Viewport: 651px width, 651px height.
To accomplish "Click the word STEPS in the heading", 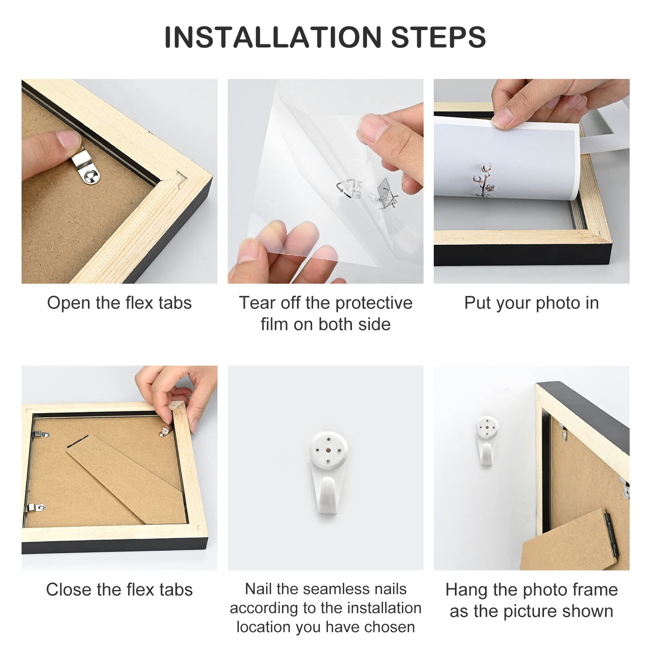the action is [x=439, y=37].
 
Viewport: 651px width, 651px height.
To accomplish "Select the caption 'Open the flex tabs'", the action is [x=119, y=303].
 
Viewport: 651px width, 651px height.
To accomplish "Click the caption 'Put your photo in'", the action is [x=531, y=303].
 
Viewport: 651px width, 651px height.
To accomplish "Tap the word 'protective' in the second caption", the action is [x=374, y=303].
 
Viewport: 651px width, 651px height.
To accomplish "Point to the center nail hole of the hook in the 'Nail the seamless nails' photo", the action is [x=328, y=450].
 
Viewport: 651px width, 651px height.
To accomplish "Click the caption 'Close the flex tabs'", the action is [x=119, y=590].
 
